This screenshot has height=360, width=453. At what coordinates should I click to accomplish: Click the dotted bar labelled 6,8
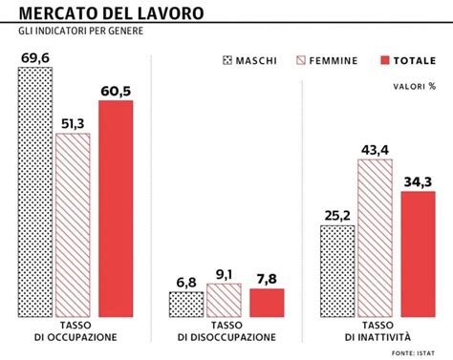click(x=185, y=305)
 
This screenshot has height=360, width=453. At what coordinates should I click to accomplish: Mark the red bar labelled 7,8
click(x=267, y=303)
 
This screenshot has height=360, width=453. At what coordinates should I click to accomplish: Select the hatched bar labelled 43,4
click(x=376, y=239)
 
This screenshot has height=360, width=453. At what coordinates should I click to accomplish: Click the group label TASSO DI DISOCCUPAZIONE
click(x=226, y=331)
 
